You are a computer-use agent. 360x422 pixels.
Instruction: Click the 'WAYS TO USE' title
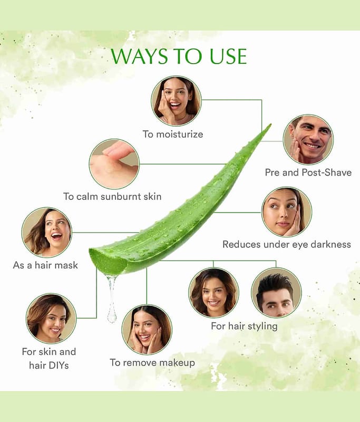click(179, 56)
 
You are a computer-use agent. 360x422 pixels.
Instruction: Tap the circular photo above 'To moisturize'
click(176, 101)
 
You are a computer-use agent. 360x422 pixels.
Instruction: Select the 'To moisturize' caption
click(173, 134)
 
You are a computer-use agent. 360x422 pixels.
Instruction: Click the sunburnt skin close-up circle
click(114, 164)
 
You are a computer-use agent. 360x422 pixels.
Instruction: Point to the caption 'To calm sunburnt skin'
click(112, 196)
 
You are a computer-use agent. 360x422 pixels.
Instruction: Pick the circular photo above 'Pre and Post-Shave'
click(308, 140)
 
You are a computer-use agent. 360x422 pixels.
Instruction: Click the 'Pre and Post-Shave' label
click(308, 172)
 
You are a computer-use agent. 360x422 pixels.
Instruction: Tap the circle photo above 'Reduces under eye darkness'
click(287, 212)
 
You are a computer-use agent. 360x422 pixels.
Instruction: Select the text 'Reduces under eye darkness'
click(287, 244)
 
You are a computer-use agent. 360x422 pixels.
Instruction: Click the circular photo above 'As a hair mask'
click(47, 233)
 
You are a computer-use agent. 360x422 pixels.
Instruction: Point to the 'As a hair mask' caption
click(45, 265)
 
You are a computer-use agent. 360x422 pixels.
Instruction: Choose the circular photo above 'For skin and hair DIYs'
click(51, 319)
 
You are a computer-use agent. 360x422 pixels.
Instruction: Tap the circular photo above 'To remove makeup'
click(147, 330)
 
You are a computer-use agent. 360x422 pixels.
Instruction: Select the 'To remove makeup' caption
click(152, 363)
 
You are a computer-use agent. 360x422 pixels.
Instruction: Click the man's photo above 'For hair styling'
click(276, 293)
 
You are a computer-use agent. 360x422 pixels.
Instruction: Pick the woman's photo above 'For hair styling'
click(214, 293)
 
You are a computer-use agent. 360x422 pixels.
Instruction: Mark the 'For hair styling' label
click(244, 326)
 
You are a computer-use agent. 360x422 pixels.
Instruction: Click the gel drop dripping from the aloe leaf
click(112, 299)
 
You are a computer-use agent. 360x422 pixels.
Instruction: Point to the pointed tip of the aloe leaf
click(270, 124)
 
